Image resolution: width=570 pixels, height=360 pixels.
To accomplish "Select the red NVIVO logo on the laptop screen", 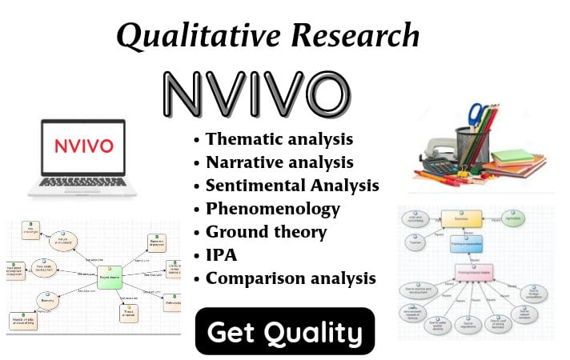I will (x=84, y=147).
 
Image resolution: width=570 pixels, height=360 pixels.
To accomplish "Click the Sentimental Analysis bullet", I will (x=291, y=185).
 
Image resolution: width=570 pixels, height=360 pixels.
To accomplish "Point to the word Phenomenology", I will (x=272, y=208).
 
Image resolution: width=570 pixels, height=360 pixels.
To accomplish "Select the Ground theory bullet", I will (x=266, y=232).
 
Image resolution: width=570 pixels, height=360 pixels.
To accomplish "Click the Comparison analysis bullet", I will (x=290, y=278).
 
